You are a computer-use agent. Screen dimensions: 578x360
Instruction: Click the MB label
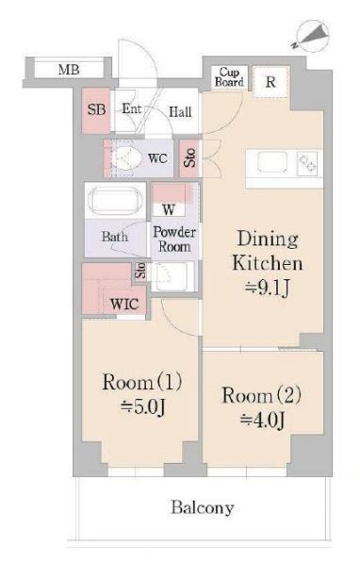pyautogui.click(x=68, y=71)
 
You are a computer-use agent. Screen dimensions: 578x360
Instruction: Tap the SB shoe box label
pyautogui.click(x=95, y=110)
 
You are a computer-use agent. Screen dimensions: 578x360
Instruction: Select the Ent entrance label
pyautogui.click(x=131, y=109)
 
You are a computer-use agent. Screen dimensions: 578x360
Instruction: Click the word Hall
pyautogui.click(x=180, y=112)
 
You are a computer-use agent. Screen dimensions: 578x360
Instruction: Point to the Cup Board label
pyautogui.click(x=232, y=76)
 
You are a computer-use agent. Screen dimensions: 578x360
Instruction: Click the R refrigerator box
pyautogui.click(x=270, y=82)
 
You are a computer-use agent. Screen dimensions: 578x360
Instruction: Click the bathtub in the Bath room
pyautogui.click(x=115, y=203)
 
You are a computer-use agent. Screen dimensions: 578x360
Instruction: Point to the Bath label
pyautogui.click(x=115, y=237)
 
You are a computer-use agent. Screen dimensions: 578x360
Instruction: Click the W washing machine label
pyautogui.click(x=169, y=208)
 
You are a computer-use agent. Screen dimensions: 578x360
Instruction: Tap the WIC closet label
pyautogui.click(x=123, y=304)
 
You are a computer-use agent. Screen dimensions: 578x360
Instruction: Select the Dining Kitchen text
pyautogui.click(x=269, y=250)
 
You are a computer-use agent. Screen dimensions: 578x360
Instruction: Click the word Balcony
pyautogui.click(x=202, y=508)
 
